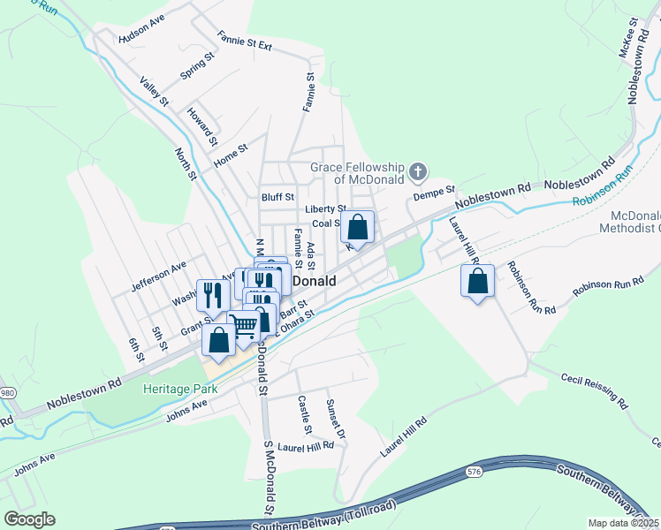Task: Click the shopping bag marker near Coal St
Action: click(x=357, y=227)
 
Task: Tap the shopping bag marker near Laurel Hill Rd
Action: click(x=477, y=282)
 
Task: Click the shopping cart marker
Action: click(x=244, y=326)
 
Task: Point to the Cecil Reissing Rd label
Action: click(x=594, y=391)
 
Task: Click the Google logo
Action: click(x=28, y=519)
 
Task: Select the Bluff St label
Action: click(x=277, y=197)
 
